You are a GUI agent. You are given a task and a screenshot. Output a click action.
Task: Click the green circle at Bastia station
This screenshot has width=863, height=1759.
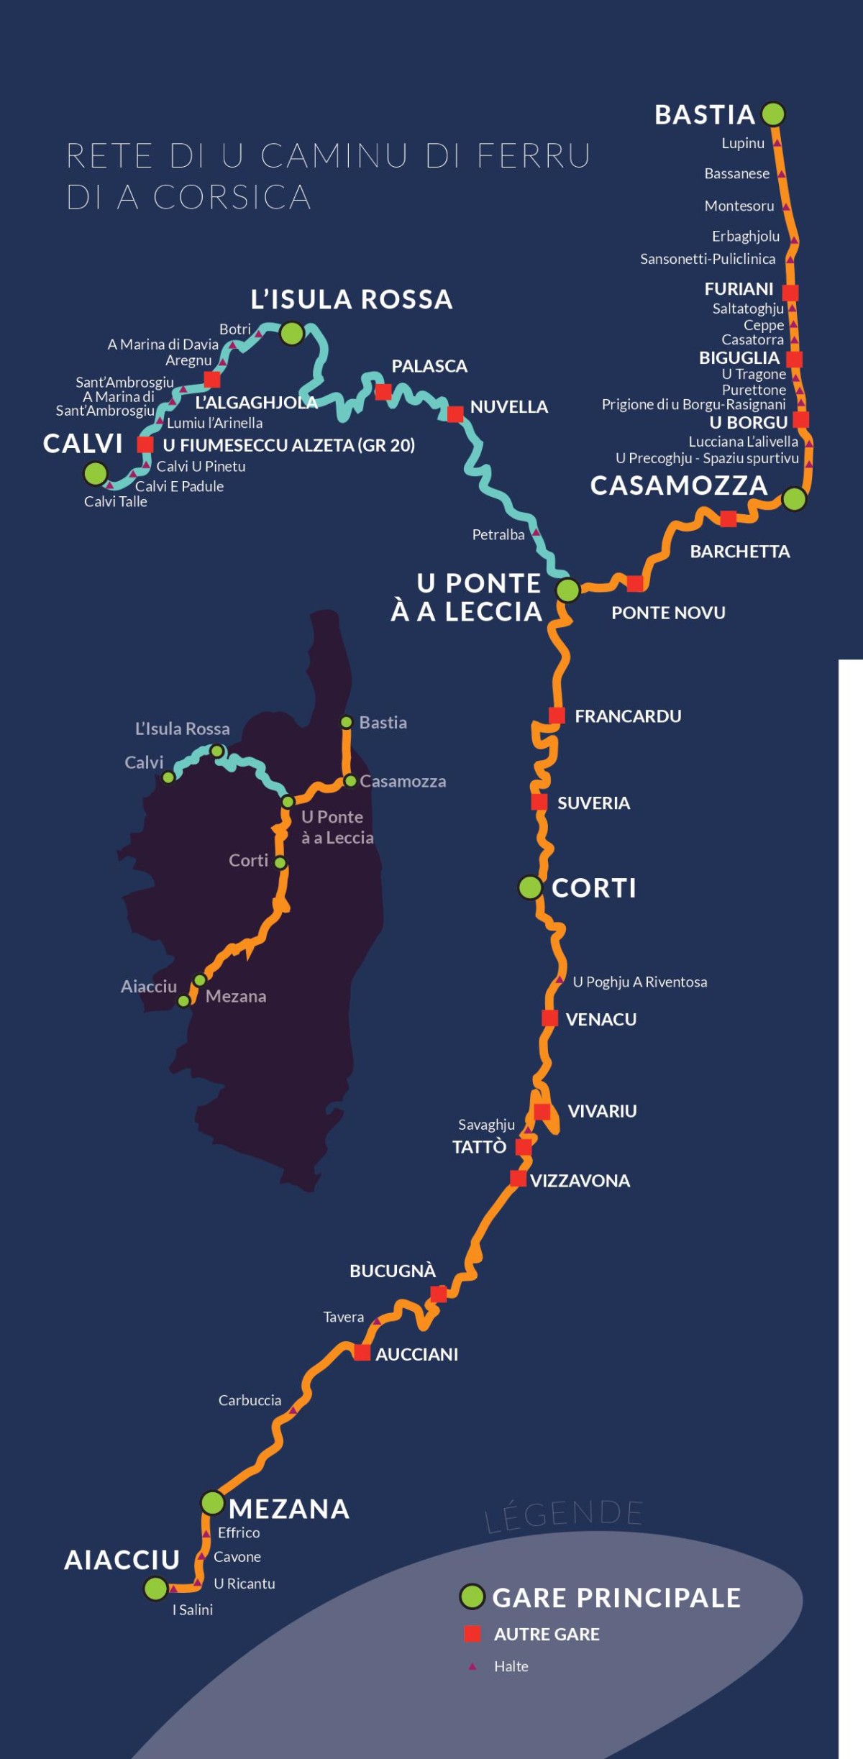(x=773, y=114)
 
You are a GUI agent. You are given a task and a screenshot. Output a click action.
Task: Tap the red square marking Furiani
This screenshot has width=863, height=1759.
(x=790, y=293)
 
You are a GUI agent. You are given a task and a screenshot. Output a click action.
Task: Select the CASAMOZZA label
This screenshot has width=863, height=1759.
(x=679, y=485)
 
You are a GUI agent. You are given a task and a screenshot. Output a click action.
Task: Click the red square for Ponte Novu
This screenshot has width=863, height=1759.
(x=635, y=583)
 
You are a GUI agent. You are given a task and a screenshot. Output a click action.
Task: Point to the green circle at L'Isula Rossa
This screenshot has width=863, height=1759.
(x=292, y=334)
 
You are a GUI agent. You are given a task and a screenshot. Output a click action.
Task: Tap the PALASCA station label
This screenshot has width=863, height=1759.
(x=429, y=366)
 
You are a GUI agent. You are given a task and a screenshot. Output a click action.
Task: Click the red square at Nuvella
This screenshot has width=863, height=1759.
(x=455, y=414)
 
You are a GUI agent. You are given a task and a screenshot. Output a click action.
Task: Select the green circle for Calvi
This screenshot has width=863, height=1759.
(x=96, y=473)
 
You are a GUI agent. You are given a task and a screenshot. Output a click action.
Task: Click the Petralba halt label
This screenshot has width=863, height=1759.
(x=498, y=534)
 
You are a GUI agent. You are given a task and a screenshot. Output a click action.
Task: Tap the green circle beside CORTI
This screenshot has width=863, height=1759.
(x=530, y=887)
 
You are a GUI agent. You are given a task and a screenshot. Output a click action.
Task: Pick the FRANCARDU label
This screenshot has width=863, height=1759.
(x=628, y=716)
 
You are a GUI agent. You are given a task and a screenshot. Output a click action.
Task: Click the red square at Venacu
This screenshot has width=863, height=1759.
(x=549, y=1018)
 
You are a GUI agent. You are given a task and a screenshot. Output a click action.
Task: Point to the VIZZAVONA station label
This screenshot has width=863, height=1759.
(x=580, y=1181)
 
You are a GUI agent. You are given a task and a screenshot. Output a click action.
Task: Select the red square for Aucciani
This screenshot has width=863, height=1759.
(x=362, y=1353)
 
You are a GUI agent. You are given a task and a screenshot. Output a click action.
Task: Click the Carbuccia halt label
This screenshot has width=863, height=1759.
(x=250, y=1400)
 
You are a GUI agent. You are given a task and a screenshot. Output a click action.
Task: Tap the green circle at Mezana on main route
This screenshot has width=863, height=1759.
(x=212, y=1502)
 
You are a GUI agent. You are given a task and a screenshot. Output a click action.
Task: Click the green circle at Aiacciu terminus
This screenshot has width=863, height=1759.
(x=155, y=1589)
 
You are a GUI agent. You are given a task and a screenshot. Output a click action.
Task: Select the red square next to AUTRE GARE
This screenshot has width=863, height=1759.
(x=472, y=1634)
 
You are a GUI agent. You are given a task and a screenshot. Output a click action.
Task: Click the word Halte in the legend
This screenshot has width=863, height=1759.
(x=511, y=1666)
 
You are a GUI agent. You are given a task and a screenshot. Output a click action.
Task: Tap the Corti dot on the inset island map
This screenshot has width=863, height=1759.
(x=280, y=863)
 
